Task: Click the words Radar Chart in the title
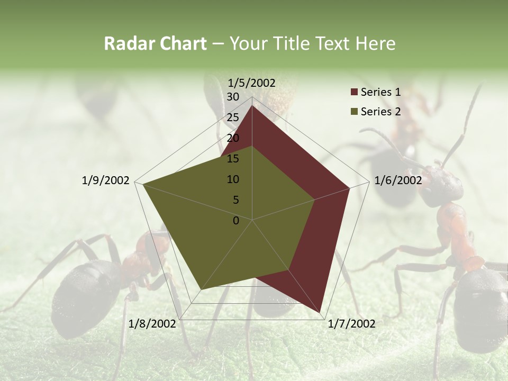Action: pyautogui.click(x=155, y=44)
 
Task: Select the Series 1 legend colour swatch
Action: pyautogui.click(x=354, y=92)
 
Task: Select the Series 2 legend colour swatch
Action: pyautogui.click(x=354, y=112)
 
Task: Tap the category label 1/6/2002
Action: pyautogui.click(x=398, y=180)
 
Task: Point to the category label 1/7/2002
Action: pyautogui.click(x=351, y=324)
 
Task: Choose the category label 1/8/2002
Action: pyautogui.click(x=152, y=324)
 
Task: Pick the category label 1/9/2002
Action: pyautogui.click(x=106, y=180)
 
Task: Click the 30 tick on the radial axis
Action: pyautogui.click(x=233, y=97)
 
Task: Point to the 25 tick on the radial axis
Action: pyautogui.click(x=233, y=117)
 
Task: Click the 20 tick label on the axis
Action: pyautogui.click(x=233, y=138)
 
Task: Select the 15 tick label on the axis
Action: pyautogui.click(x=233, y=159)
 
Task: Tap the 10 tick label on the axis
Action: pyautogui.click(x=233, y=179)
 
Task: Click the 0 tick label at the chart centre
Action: pyautogui.click(x=236, y=221)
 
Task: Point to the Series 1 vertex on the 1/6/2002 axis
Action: pyautogui.click(x=349, y=188)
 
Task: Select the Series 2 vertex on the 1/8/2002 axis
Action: pyautogui.click(x=201, y=289)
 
